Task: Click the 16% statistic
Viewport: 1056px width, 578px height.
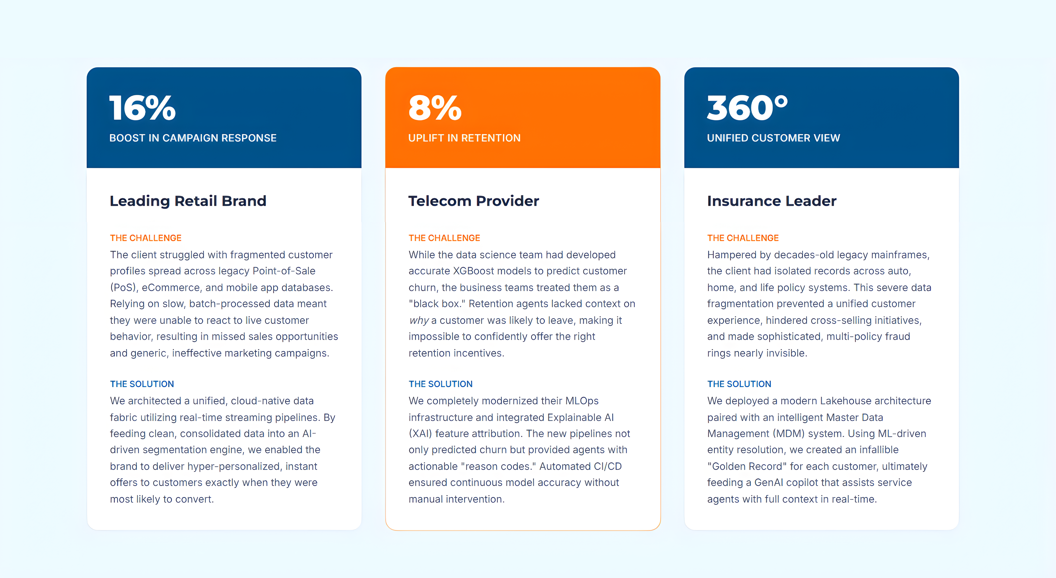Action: click(142, 108)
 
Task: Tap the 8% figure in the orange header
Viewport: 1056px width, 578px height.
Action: click(435, 108)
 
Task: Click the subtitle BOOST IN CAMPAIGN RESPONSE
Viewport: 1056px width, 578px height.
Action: click(193, 138)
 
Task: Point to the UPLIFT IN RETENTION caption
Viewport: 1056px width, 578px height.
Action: click(464, 138)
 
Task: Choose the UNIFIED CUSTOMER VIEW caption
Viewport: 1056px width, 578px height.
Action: click(774, 138)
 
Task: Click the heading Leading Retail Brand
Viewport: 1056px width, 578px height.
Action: click(188, 201)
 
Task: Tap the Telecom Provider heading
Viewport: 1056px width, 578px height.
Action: click(473, 201)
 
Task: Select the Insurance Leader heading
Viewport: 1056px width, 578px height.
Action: click(771, 201)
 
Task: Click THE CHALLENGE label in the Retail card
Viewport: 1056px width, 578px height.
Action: click(145, 238)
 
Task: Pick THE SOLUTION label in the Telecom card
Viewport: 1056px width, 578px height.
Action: click(440, 384)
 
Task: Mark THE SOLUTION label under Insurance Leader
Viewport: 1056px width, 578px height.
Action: click(739, 384)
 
